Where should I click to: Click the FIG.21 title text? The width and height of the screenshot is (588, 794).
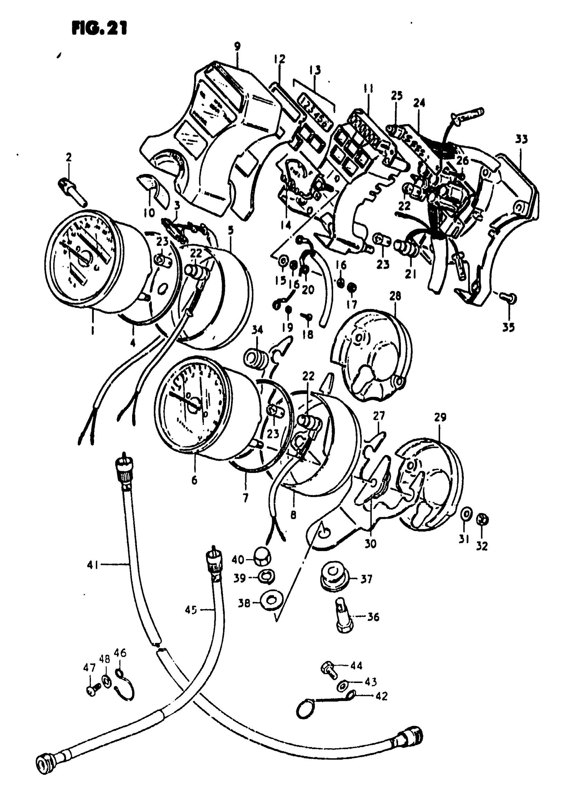click(x=99, y=28)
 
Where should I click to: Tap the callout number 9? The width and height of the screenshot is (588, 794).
click(x=237, y=46)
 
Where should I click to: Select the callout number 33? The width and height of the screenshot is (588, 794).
click(x=522, y=139)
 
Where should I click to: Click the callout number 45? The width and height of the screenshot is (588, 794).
click(x=191, y=610)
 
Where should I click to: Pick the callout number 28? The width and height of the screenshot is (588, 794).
click(x=395, y=296)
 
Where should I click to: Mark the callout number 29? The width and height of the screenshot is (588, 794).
click(x=440, y=417)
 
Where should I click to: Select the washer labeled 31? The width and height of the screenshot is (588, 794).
click(x=465, y=515)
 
